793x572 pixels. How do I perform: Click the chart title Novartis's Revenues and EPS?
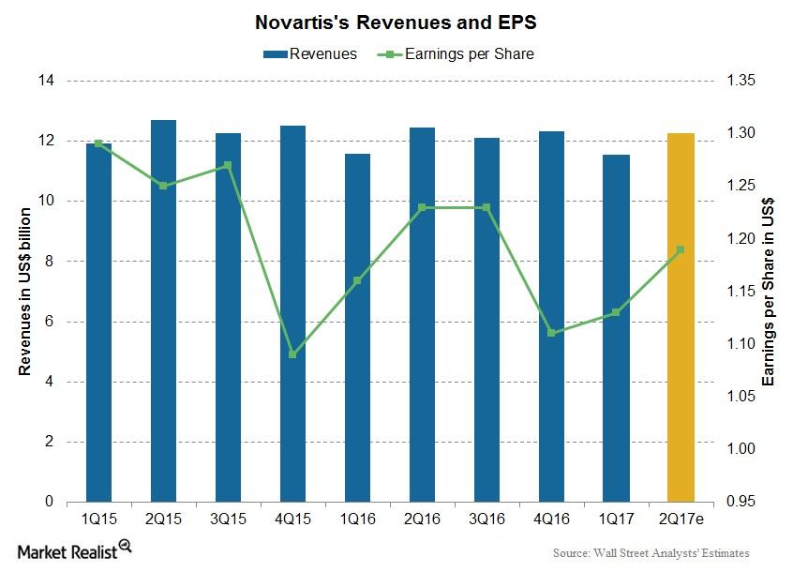(x=396, y=21)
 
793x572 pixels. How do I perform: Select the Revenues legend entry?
(x=309, y=53)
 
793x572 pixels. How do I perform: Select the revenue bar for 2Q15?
(x=164, y=310)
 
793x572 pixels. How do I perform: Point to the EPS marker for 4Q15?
(x=293, y=354)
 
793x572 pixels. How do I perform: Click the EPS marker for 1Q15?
(x=99, y=143)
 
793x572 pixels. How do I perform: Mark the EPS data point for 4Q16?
(x=551, y=333)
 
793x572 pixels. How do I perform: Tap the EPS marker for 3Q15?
(x=229, y=165)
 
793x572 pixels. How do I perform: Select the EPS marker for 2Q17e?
(x=681, y=249)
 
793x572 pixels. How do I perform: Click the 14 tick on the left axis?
(x=46, y=81)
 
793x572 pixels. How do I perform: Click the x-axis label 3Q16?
(x=486, y=519)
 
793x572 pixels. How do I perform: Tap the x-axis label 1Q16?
(x=358, y=519)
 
